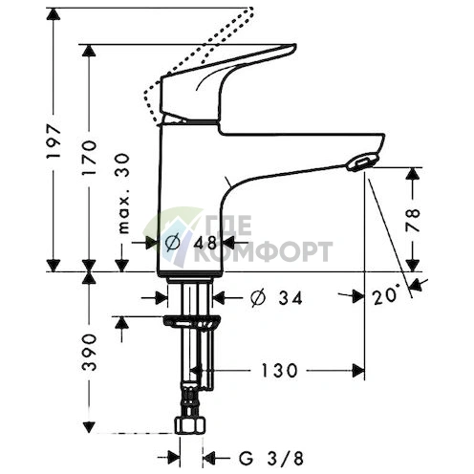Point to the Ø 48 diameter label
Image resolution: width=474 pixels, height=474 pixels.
(191, 244)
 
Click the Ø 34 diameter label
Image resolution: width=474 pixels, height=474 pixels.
(276, 298)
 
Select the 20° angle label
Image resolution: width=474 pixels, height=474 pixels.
(385, 297)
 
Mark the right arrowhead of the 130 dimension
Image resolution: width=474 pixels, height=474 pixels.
(360, 369)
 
